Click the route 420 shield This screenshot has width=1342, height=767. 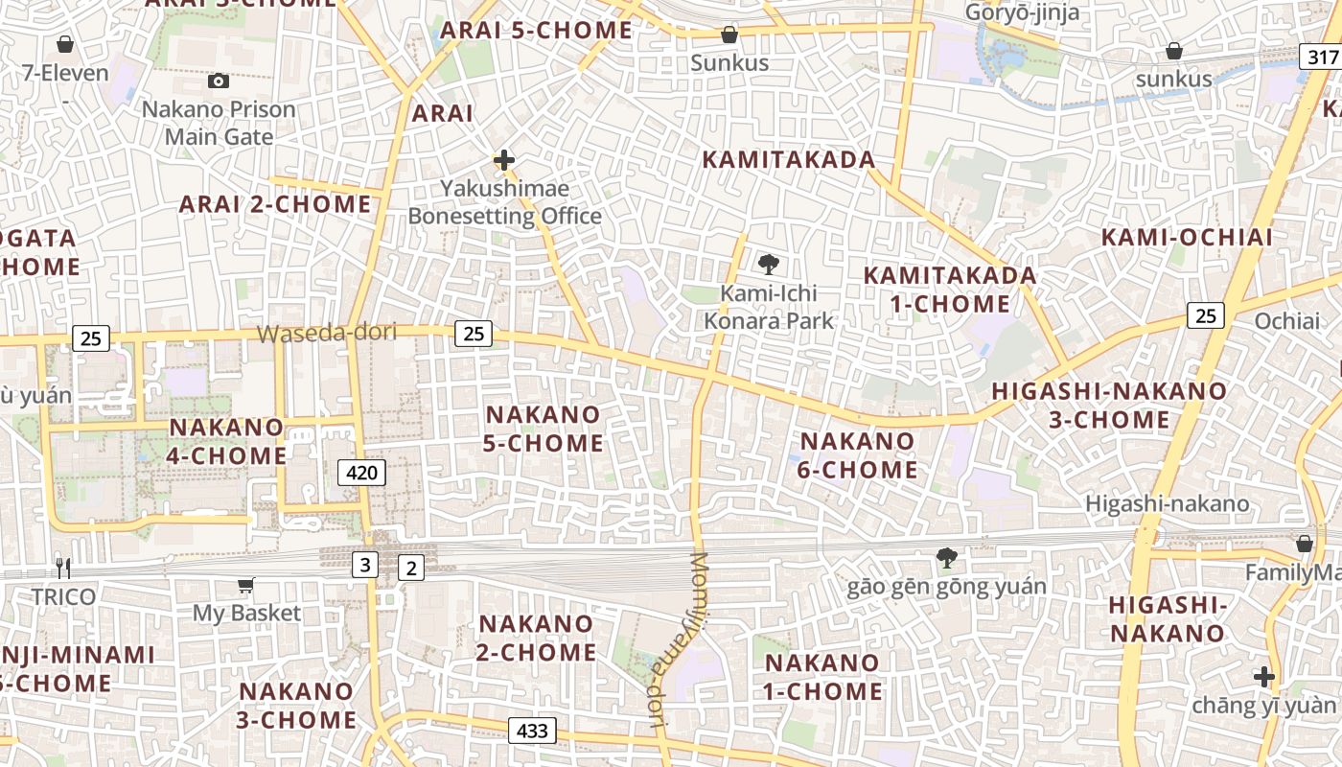click(x=361, y=472)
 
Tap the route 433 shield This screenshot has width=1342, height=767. click(x=531, y=732)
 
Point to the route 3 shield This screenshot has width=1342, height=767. click(x=364, y=566)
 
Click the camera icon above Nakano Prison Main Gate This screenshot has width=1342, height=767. click(x=219, y=81)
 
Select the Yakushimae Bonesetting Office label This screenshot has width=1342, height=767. click(x=505, y=202)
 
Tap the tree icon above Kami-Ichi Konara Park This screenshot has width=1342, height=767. click(x=768, y=265)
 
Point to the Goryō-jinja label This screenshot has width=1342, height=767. click(x=1022, y=12)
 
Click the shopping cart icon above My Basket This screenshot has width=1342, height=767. click(x=246, y=585)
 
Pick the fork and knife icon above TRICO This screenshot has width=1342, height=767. click(x=63, y=568)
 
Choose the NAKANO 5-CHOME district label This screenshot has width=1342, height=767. click(x=544, y=429)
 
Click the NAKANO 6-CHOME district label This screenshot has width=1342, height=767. click(x=858, y=455)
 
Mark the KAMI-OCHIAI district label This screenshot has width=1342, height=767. click(x=1187, y=238)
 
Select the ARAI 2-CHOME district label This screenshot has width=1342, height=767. click(x=275, y=204)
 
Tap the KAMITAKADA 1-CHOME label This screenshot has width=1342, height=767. click(x=949, y=290)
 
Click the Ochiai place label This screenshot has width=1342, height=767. click(x=1287, y=321)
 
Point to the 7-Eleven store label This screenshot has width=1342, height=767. click(x=65, y=71)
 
